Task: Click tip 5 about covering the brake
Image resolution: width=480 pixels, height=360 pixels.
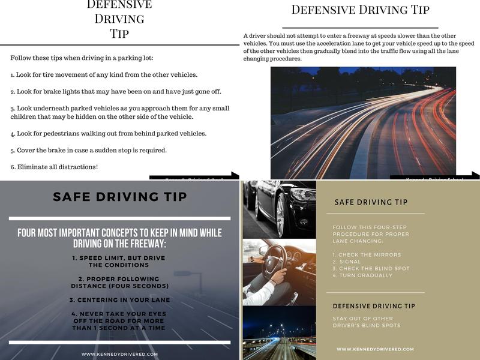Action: tap(88, 150)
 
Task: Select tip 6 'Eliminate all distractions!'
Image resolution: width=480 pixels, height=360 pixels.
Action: tap(54, 166)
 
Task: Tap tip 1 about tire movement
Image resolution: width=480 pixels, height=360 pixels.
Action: tap(104, 75)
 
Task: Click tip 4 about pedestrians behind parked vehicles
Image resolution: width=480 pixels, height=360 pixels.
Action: tap(108, 133)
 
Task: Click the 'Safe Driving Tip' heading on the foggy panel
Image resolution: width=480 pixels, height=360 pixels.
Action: tap(120, 197)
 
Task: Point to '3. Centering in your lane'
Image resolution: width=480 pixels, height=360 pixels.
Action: tap(119, 299)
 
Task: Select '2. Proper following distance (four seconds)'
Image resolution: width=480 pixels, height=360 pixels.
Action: tap(119, 283)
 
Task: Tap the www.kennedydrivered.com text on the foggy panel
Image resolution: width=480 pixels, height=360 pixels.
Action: tap(119, 354)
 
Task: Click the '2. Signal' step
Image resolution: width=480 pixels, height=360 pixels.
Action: tap(347, 262)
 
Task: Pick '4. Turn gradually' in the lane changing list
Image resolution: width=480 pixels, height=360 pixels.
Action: tap(362, 275)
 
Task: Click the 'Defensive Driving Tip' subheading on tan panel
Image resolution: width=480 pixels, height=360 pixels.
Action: tap(374, 306)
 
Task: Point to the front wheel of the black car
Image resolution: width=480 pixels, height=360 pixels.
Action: tap(280, 215)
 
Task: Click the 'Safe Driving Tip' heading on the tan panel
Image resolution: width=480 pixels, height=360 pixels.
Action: tap(371, 202)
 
